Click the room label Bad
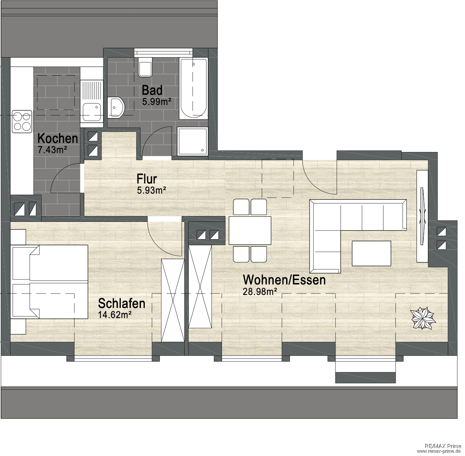(x=152, y=90)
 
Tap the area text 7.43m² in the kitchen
(x=52, y=150)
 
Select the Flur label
(x=147, y=179)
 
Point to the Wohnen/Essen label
(x=284, y=280)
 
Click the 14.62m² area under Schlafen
(x=115, y=315)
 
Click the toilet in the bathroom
(x=145, y=67)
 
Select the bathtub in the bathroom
(x=193, y=89)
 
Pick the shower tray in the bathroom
(x=193, y=142)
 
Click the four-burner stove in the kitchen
(x=22, y=122)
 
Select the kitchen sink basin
(x=92, y=112)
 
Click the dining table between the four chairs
(x=250, y=231)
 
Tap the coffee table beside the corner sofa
(x=371, y=253)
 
